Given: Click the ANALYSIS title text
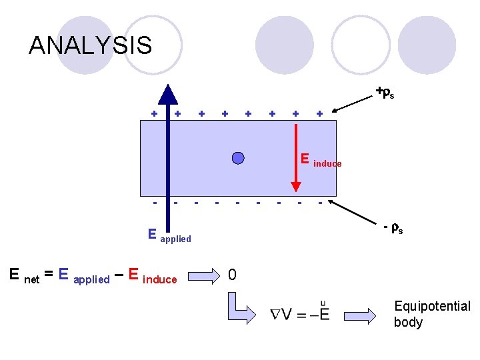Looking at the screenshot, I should [90, 45].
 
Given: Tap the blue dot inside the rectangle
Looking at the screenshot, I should [237, 157].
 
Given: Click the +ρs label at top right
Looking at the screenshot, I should [384, 92].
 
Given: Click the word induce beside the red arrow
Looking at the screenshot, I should [327, 164].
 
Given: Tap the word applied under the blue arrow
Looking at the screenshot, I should [175, 239].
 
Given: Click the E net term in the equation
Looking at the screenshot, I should [24, 275].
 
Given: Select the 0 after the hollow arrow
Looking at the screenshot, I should [232, 275].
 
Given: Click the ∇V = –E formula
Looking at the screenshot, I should [299, 313].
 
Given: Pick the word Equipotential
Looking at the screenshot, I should [432, 306].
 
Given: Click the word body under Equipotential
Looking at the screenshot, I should [408, 322].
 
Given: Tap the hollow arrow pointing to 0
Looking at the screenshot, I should [204, 275].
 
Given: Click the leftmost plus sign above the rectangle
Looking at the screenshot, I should [154, 113].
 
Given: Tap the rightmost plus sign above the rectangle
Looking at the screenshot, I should [319, 113].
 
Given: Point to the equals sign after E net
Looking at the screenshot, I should [49, 275].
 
